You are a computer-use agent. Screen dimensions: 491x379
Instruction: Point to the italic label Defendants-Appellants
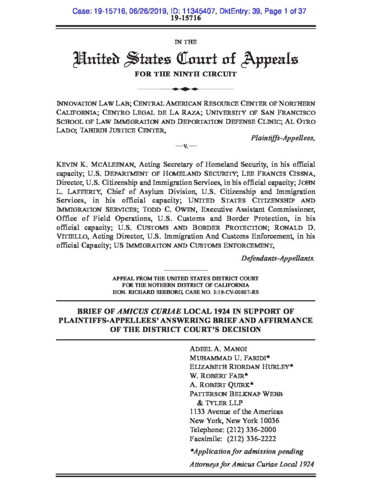pyautogui.click(x=278, y=258)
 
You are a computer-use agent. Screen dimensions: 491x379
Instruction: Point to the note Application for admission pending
pyautogui.click(x=247, y=451)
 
